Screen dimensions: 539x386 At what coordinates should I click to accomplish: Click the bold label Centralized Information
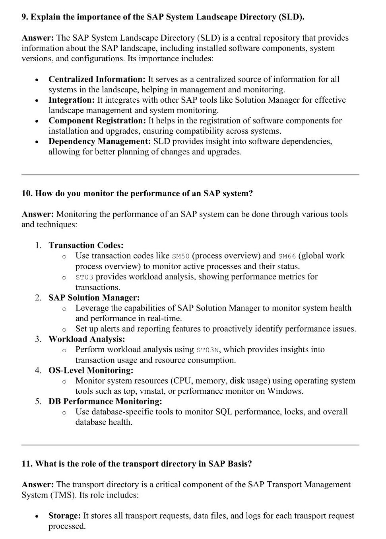tap(97, 79)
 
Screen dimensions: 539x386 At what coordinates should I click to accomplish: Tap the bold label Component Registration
tap(97, 121)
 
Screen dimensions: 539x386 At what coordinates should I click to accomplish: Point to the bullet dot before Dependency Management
tap(37, 142)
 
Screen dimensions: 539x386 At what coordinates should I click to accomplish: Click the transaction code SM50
tap(181, 256)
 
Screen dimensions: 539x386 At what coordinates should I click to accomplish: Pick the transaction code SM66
tap(287, 256)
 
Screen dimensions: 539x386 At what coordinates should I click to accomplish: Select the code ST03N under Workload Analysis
tap(208, 350)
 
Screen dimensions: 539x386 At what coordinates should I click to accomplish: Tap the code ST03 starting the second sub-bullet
tap(84, 277)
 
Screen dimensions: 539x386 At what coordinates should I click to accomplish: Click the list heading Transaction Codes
tap(86, 245)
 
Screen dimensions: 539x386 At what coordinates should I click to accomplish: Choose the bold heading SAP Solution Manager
tap(94, 298)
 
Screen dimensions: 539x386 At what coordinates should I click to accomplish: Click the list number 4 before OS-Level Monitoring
tap(37, 370)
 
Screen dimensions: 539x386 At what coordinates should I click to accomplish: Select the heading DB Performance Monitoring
tap(105, 401)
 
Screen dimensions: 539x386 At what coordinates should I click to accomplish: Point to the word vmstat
tap(139, 391)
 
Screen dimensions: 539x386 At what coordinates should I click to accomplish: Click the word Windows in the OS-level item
tap(285, 391)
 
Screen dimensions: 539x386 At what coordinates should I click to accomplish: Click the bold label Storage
tap(64, 516)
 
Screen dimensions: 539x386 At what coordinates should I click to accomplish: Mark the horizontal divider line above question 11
tap(190, 445)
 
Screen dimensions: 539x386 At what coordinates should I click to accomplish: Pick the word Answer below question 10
tap(37, 214)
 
